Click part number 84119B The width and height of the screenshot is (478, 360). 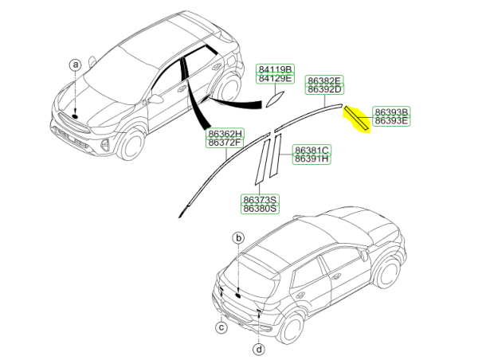(275, 69)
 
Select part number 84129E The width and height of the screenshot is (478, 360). (275, 78)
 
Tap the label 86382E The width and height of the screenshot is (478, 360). (324, 80)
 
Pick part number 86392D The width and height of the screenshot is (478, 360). (324, 89)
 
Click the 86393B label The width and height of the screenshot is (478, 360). (391, 112)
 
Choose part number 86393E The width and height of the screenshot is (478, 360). (391, 121)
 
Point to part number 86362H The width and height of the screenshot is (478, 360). (225, 133)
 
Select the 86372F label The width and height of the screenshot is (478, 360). (225, 143)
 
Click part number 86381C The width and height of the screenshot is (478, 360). (311, 150)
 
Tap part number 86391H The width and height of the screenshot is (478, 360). (311, 158)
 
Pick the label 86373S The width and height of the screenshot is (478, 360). (260, 200)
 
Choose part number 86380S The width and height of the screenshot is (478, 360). (260, 209)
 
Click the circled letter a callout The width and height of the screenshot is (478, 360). (76, 65)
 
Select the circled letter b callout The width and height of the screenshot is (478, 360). (239, 238)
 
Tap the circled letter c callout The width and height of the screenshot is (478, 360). (221, 327)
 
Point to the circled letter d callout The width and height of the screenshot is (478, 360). (259, 349)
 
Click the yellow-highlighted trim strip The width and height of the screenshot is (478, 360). (357, 119)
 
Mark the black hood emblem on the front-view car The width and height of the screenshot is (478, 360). (75, 116)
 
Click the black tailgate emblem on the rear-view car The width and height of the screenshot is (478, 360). (238, 295)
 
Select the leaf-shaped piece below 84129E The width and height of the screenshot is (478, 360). (275, 100)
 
